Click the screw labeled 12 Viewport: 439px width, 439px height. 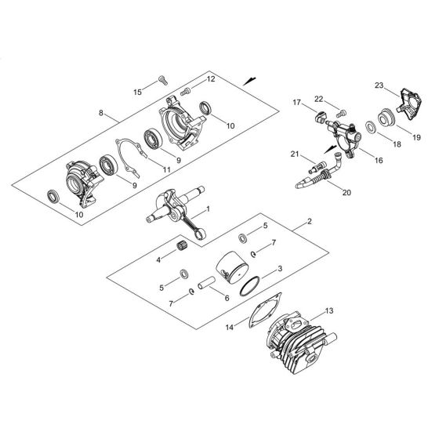[x=187, y=92]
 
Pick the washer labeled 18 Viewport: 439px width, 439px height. [x=369, y=126]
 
